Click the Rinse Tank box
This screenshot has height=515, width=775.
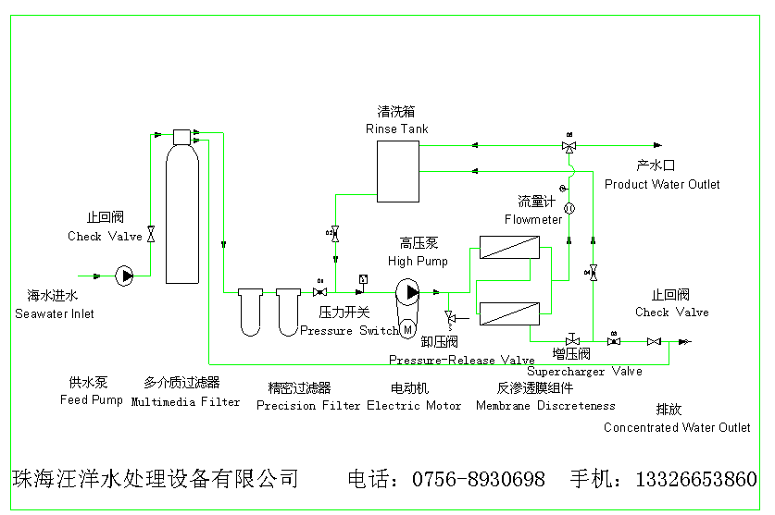point(397,169)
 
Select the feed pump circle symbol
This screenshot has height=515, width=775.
point(125,275)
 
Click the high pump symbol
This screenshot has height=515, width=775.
point(407,292)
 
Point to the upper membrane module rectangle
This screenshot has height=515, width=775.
point(509,250)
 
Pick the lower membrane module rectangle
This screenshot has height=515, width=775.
point(509,313)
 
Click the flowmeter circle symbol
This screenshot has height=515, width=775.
point(569,207)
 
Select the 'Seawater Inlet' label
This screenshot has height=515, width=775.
point(55,313)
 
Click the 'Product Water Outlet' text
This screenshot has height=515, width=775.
point(662,184)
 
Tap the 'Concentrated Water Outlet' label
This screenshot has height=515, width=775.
point(677,427)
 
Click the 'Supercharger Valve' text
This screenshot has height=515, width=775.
point(584,371)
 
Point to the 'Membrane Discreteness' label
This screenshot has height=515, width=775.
point(545,405)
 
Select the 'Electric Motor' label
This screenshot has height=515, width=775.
point(414,405)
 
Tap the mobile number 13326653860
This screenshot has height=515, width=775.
point(695,479)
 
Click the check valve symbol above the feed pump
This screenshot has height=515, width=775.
point(152,235)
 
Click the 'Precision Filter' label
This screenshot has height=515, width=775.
point(308,405)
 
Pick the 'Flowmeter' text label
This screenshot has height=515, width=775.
point(533,219)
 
